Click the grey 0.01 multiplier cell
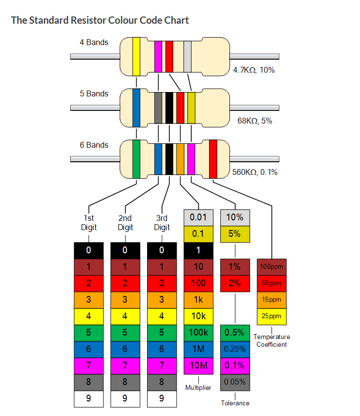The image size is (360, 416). [198, 217]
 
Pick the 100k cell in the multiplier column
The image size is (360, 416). [198, 333]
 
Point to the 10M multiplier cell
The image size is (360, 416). [198, 366]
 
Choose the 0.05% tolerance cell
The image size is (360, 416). [235, 382]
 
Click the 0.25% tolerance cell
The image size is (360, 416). [235, 349]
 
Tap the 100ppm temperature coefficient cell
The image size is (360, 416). [271, 266]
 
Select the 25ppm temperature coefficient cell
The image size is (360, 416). [271, 316]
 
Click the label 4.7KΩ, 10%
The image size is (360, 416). [254, 70]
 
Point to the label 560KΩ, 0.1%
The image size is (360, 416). [255, 172]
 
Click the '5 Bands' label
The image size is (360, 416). [94, 93]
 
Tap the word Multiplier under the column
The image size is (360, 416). [198, 387]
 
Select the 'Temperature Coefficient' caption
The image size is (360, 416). [271, 340]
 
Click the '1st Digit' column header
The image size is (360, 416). [89, 223]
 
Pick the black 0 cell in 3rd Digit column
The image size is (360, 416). [162, 250]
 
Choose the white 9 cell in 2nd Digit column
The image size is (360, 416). [125, 398]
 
